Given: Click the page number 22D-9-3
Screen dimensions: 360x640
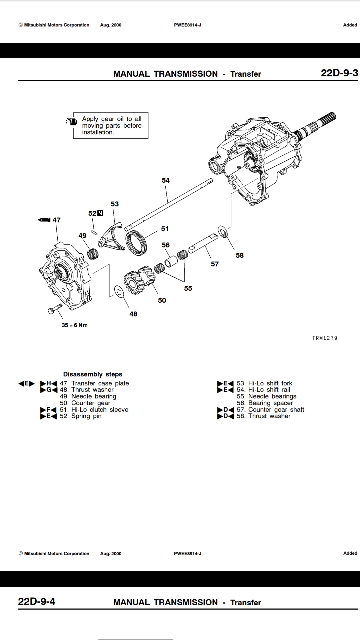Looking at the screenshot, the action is pyautogui.click(x=339, y=73).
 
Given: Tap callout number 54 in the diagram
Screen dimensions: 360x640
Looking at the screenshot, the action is pyautogui.click(x=166, y=180).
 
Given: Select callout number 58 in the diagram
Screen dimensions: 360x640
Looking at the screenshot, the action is pyautogui.click(x=240, y=255).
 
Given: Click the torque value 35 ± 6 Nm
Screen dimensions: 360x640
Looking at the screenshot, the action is pyautogui.click(x=75, y=325).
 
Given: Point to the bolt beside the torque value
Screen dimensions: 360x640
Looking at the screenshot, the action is pyautogui.click(x=56, y=308).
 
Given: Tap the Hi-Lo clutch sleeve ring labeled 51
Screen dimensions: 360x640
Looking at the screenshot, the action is pyautogui.click(x=136, y=243).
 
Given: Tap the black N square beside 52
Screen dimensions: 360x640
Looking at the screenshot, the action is pyautogui.click(x=100, y=213).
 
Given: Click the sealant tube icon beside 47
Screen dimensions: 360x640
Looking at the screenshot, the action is pyautogui.click(x=44, y=220).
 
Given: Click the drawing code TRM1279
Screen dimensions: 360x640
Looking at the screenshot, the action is pyautogui.click(x=325, y=338).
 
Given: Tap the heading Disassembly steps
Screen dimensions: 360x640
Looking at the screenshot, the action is pyautogui.click(x=93, y=374).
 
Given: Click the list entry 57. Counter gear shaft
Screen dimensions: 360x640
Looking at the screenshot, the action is pyautogui.click(x=270, y=410).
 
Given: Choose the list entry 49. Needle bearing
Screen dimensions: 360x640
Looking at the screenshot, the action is pyautogui.click(x=88, y=396).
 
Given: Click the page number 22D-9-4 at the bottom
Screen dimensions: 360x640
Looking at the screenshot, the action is pyautogui.click(x=37, y=602).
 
